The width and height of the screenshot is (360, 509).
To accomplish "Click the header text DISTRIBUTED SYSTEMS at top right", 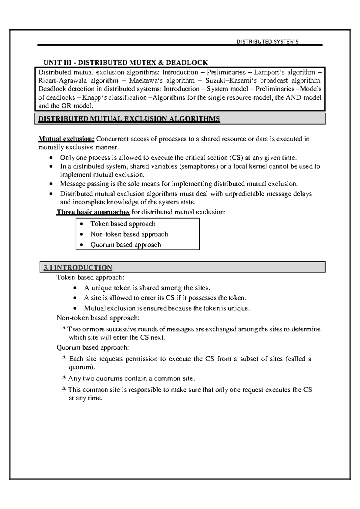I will pyautogui.click(x=268, y=42).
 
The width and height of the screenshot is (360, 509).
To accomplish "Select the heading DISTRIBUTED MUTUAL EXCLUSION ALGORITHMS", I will pyautogui.click(x=129, y=119).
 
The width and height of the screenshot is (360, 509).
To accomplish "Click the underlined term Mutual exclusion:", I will pyautogui.click(x=66, y=139).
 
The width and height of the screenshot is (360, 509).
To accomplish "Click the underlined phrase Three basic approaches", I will pyautogui.click(x=93, y=212).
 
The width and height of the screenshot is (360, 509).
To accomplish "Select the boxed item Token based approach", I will pyautogui.click(x=123, y=224).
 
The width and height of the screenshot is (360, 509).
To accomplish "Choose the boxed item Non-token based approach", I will pyautogui.click(x=129, y=234).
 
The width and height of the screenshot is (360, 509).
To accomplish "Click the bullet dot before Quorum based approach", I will pyautogui.click(x=81, y=245).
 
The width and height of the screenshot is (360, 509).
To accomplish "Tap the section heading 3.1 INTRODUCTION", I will pyautogui.click(x=78, y=267).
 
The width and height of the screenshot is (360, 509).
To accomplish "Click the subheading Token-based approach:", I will pyautogui.click(x=90, y=277).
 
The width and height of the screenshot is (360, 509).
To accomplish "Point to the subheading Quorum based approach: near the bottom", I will pyautogui.click(x=93, y=348).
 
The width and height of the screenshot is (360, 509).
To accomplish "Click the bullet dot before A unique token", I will pyautogui.click(x=75, y=288).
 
